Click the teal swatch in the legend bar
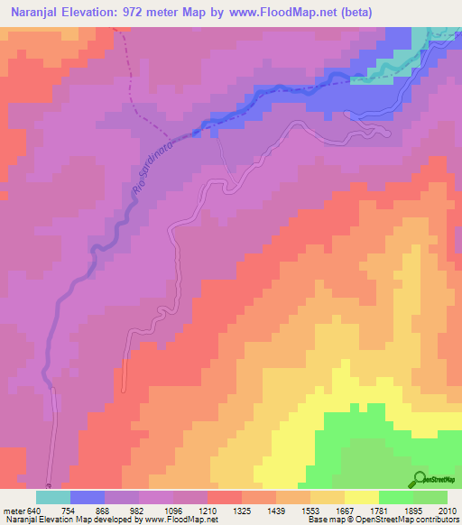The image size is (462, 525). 53,498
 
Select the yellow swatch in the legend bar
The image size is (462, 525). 361,498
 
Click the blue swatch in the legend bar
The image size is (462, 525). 88,498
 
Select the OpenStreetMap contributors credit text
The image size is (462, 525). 405,519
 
